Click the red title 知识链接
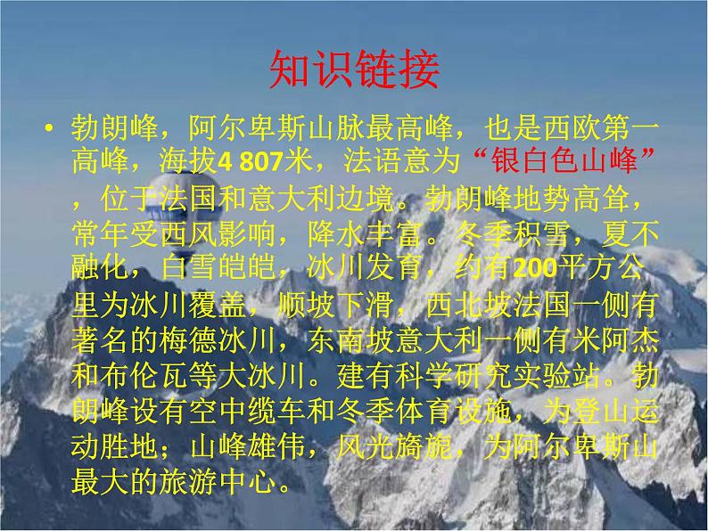(x=353, y=70)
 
